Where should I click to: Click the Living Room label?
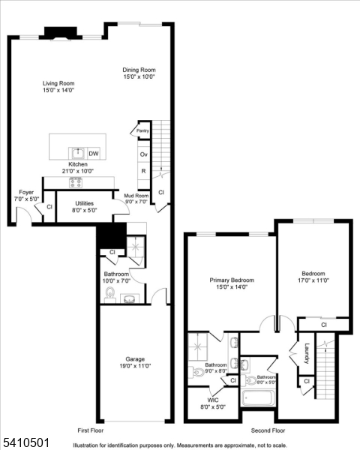pyautogui.click(x=58, y=86)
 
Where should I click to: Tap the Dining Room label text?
pyautogui.click(x=139, y=73)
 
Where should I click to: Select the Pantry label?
pyautogui.click(x=142, y=130)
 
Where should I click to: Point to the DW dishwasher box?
pyautogui.click(x=94, y=153)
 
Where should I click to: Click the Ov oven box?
pyautogui.click(x=143, y=154)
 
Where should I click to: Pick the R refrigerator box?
pyautogui.click(x=143, y=170)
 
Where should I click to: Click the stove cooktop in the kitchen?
pyautogui.click(x=76, y=181)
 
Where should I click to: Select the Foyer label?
pyautogui.click(x=26, y=196)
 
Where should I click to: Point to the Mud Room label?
pyautogui.click(x=126, y=198)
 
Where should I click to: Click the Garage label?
pyautogui.click(x=135, y=362)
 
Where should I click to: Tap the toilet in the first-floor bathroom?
pyautogui.click(x=109, y=292)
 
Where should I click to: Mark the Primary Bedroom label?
pyautogui.click(x=231, y=283)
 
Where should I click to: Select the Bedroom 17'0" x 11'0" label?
pyautogui.click(x=313, y=277)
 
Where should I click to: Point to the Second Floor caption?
pyautogui.click(x=267, y=430)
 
